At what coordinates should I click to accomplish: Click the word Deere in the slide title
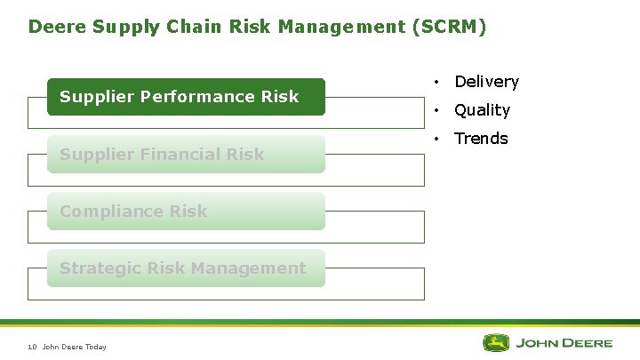(x=55, y=27)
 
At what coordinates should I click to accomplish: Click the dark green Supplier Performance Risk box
(x=186, y=97)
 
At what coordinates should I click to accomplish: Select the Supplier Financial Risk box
(x=186, y=155)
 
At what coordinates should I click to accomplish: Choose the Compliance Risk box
(x=186, y=212)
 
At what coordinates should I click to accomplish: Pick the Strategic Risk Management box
(x=186, y=268)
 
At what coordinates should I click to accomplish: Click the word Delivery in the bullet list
(x=486, y=82)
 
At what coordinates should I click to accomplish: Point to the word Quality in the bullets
(x=482, y=110)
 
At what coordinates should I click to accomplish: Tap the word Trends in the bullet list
(x=481, y=139)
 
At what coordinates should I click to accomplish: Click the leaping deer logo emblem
(x=496, y=343)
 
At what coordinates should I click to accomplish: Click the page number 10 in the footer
(x=31, y=347)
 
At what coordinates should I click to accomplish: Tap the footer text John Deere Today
(x=74, y=347)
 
